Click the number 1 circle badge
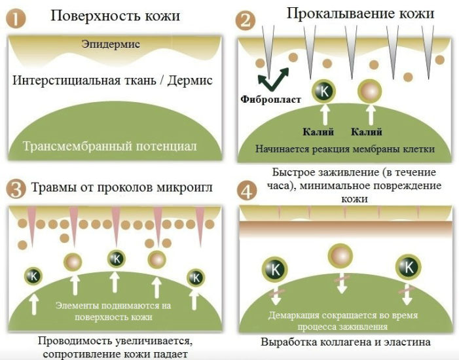click(16, 18)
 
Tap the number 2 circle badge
click(246, 20)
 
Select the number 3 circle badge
click(16, 189)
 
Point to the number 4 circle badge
click(247, 190)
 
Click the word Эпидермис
click(111, 45)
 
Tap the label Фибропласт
click(270, 99)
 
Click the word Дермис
click(190, 81)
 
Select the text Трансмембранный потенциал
click(110, 146)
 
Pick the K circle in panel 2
click(323, 92)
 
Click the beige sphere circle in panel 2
click(370, 92)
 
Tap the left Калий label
click(318, 132)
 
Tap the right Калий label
click(367, 132)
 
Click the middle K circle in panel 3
click(117, 259)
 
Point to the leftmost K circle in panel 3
click(33, 276)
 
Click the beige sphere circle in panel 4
click(340, 256)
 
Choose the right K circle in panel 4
click(409, 267)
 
